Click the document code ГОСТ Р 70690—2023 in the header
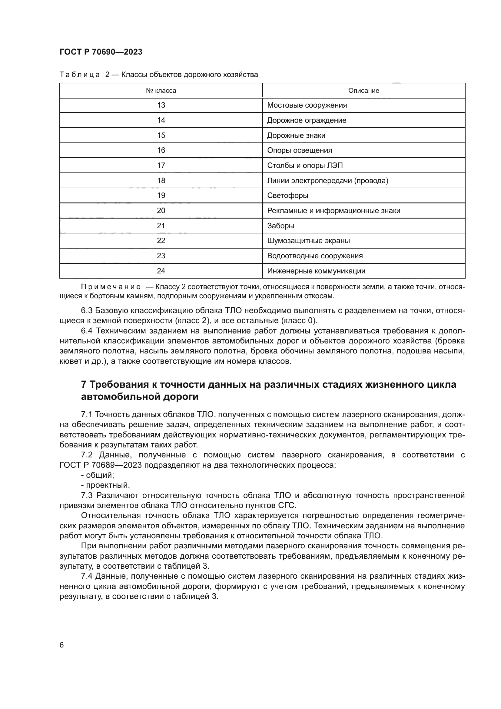pos(101,52)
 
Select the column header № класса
pos(161,90)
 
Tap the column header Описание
pos(363,90)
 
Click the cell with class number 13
pos(161,105)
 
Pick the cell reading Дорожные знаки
pos(296,135)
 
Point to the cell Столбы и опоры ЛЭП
pos(305,166)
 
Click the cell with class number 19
pos(161,196)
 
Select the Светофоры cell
pos(287,196)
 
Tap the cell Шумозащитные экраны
pos(308,241)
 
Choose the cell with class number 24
pos(161,271)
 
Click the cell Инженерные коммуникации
pos(316,271)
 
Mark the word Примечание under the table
pos(111,287)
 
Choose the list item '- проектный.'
pos(105,485)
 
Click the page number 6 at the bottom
pos(62,645)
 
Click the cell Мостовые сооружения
pos(307,105)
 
